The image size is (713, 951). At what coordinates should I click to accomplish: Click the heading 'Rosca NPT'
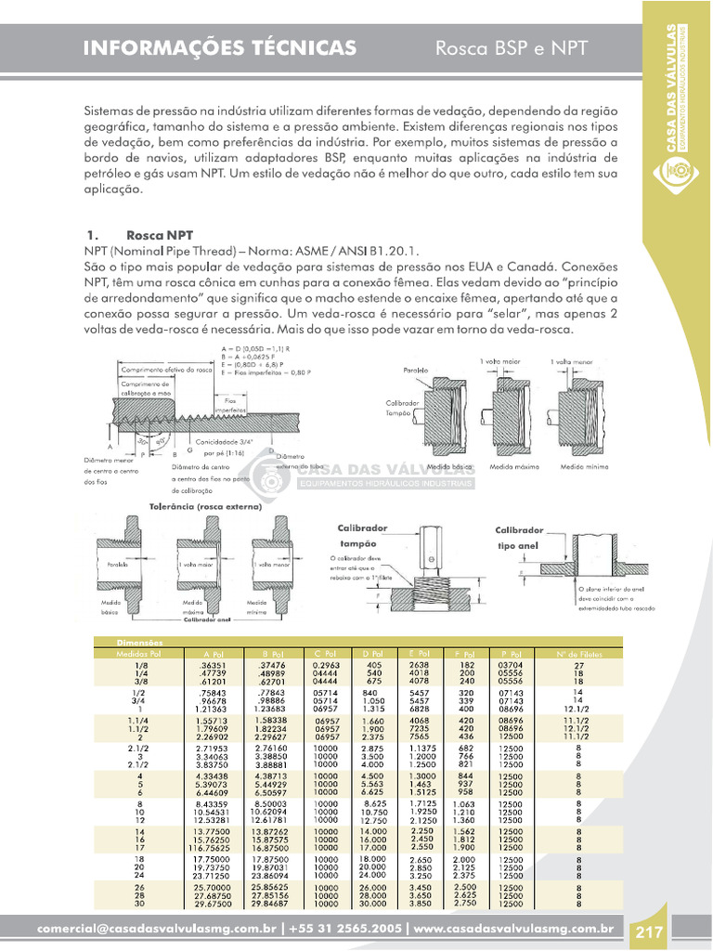point(160,236)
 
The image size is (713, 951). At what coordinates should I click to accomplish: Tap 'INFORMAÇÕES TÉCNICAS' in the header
point(219,48)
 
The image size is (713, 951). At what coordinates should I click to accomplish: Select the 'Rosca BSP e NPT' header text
point(512,48)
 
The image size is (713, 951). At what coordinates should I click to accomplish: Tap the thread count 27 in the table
point(578,665)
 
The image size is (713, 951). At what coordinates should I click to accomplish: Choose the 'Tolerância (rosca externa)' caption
point(205,507)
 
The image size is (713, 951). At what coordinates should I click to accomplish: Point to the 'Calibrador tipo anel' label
point(519,538)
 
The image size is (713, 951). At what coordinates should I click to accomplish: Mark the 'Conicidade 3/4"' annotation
point(223,441)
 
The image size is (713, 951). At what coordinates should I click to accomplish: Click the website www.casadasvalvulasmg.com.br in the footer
point(512,929)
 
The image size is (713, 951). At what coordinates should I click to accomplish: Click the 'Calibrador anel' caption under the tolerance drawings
point(205,619)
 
